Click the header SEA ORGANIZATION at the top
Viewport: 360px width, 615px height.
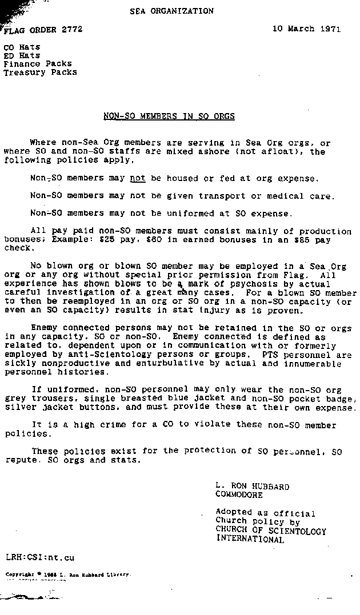(x=171, y=11)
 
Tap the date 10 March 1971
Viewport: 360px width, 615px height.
(x=306, y=29)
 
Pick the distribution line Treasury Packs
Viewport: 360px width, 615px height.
(x=40, y=73)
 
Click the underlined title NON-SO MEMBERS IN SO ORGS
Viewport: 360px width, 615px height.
(x=169, y=116)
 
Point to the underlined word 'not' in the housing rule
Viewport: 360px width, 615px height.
(x=138, y=178)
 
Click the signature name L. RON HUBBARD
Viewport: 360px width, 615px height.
(x=252, y=487)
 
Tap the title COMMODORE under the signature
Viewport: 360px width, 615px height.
(x=239, y=495)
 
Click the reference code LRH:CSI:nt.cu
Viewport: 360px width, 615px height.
(x=40, y=557)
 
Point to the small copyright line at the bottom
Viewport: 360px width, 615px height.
(x=68, y=574)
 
